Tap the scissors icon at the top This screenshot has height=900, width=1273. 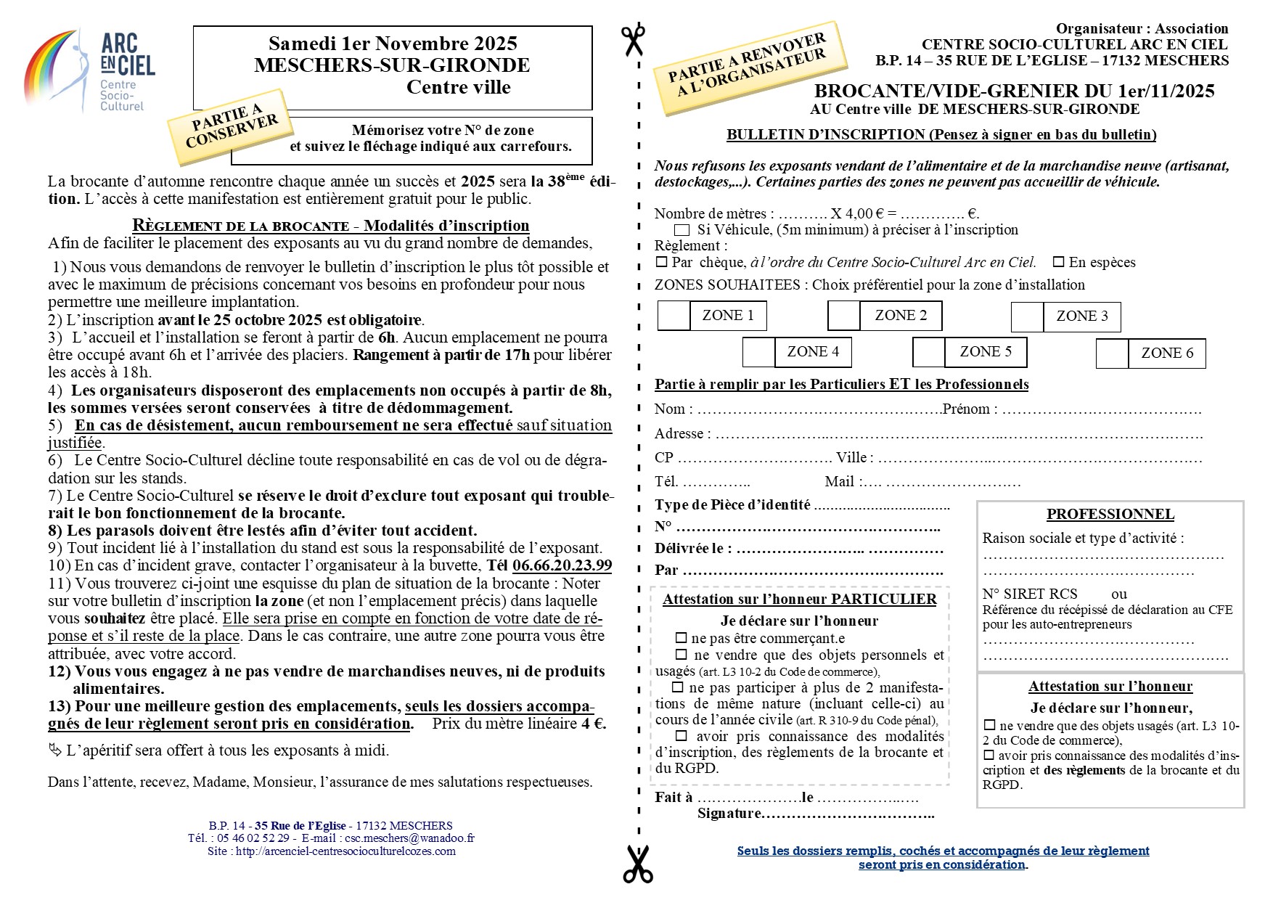click(633, 40)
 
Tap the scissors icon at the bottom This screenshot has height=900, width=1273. click(638, 863)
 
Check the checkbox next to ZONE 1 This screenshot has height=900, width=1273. click(674, 316)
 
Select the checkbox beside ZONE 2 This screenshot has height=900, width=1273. click(844, 316)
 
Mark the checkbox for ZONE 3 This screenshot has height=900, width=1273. click(1027, 317)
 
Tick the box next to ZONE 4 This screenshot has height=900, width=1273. click(758, 353)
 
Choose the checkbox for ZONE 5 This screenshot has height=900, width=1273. click(928, 353)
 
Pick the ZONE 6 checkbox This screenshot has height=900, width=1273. click(1112, 354)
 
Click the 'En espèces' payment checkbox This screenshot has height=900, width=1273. click(1059, 262)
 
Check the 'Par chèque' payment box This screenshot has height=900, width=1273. click(661, 262)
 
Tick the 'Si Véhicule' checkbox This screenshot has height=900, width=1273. click(681, 230)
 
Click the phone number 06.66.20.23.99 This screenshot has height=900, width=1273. click(562, 565)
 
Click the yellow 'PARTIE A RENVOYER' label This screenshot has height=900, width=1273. click(750, 67)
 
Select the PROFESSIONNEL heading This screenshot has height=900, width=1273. click(1110, 515)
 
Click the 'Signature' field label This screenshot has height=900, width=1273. click(728, 814)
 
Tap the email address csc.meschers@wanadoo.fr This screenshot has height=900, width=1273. click(409, 838)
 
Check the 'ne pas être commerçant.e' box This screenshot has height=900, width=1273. click(681, 639)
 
